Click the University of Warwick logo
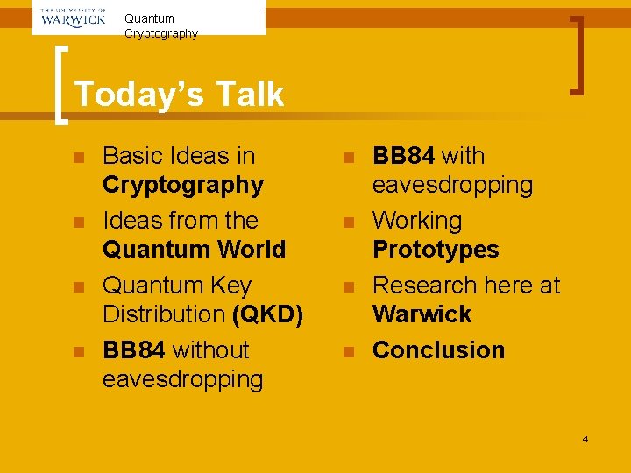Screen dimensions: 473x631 click(74, 17)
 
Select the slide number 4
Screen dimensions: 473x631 click(585, 438)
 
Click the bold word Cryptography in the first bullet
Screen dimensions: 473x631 click(182, 185)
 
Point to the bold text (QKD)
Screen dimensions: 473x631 click(267, 314)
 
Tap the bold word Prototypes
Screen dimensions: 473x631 click(436, 250)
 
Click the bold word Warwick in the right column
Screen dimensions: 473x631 click(422, 314)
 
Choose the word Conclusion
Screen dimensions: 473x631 click(438, 349)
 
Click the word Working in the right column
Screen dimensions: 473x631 click(417, 221)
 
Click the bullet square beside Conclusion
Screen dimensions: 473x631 click(348, 351)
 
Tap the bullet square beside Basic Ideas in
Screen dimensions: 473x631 click(79, 158)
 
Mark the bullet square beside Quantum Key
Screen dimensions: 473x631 click(79, 287)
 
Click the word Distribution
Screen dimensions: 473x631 click(164, 314)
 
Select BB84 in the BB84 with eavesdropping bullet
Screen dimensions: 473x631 click(403, 156)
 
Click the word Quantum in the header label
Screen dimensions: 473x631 click(149, 18)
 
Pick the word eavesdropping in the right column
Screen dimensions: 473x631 click(452, 185)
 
